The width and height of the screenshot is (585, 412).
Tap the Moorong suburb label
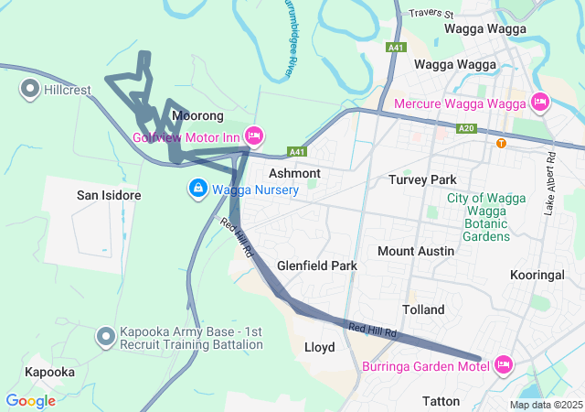[197, 116]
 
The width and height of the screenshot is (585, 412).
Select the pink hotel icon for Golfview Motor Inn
[254, 136]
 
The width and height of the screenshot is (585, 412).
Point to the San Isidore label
[108, 196]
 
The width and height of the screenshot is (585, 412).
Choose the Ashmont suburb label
[294, 173]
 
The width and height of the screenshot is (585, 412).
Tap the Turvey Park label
[421, 179]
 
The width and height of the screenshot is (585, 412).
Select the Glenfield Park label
[317, 266]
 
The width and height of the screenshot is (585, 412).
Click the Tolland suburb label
[424, 309]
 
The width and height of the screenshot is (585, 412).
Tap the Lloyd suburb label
[319, 347]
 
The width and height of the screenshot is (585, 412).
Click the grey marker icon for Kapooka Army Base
[106, 338]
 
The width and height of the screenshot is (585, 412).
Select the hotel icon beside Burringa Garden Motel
[503, 365]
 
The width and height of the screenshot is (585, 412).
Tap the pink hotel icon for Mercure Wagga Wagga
[539, 102]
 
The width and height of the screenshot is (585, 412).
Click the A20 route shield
[467, 128]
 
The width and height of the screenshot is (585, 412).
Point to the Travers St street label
[431, 14]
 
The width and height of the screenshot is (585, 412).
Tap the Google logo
[30, 400]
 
